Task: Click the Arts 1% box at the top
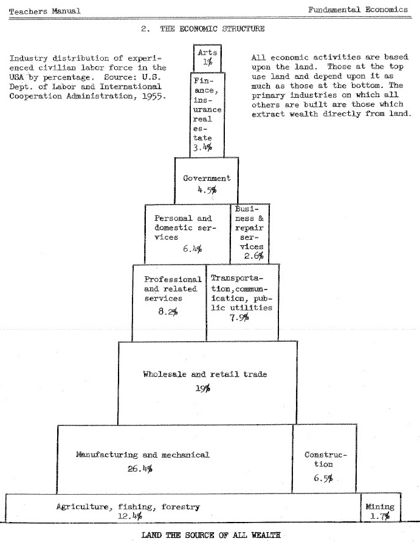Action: point(207,58)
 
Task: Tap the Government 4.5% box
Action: point(206,181)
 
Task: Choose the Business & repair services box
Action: point(249,232)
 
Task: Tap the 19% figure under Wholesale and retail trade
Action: point(204,388)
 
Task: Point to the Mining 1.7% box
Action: point(380,511)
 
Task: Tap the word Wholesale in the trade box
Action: point(165,374)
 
